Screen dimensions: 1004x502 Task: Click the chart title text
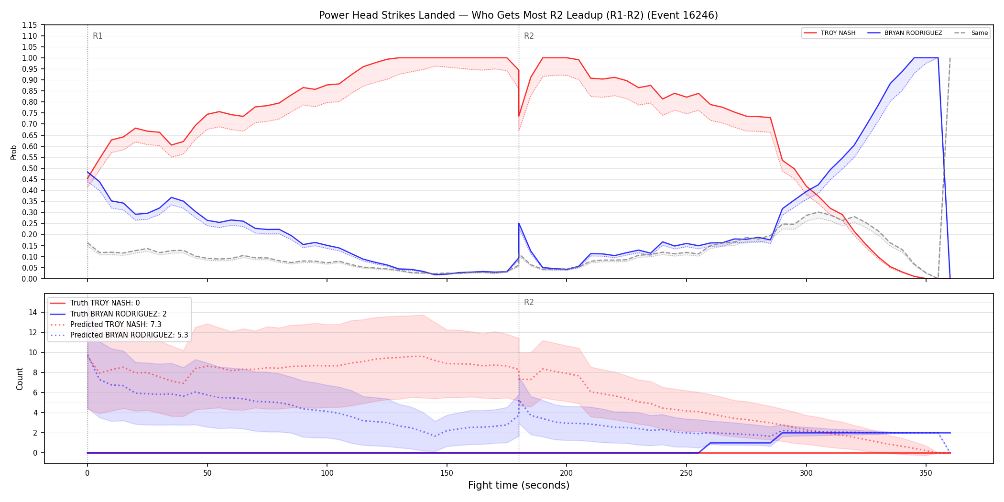pyautogui.click(x=518, y=15)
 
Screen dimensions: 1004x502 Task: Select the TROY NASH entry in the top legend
pyautogui.click(x=829, y=33)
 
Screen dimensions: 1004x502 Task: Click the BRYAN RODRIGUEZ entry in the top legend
pyautogui.click(x=905, y=33)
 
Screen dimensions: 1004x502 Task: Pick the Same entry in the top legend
pyautogui.click(x=971, y=33)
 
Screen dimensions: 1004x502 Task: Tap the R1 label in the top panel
pyautogui.click(x=98, y=36)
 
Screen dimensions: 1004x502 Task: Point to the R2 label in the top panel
pyautogui.click(x=529, y=36)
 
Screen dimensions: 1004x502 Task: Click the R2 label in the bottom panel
pyautogui.click(x=529, y=302)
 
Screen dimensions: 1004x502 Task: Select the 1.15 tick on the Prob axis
pyautogui.click(x=30, y=25)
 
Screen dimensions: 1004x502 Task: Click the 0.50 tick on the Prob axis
pyautogui.click(x=30, y=168)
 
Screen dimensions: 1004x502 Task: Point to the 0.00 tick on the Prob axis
pyautogui.click(x=30, y=279)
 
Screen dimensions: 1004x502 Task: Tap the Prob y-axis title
pyautogui.click(x=14, y=152)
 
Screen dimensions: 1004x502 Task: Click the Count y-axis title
pyautogui.click(x=20, y=379)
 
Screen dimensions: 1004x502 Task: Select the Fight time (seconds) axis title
pyautogui.click(x=519, y=485)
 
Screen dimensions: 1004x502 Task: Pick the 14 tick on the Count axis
pyautogui.click(x=33, y=312)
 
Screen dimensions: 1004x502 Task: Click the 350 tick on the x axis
pyautogui.click(x=926, y=473)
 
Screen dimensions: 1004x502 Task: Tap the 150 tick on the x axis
pyautogui.click(x=447, y=473)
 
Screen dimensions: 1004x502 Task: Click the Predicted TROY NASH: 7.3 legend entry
pyautogui.click(x=106, y=324)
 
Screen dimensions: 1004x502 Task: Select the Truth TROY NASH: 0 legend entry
pyautogui.click(x=95, y=303)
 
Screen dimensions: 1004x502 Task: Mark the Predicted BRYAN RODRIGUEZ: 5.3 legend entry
pyautogui.click(x=119, y=335)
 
